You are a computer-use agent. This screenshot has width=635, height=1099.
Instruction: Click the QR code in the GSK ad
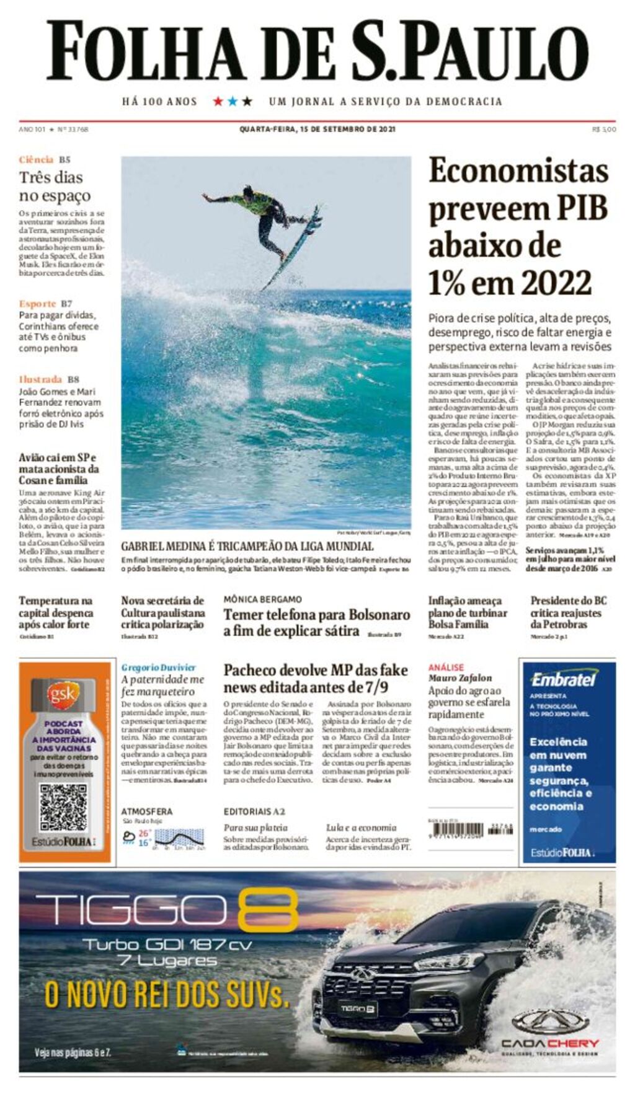[x=63, y=808]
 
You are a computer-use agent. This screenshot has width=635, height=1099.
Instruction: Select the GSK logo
[x=63, y=695]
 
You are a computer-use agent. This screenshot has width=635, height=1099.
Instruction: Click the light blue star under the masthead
[x=233, y=101]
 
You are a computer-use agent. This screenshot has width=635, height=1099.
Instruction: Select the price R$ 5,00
[x=604, y=130]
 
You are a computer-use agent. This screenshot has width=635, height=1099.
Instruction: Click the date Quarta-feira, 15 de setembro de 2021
[x=317, y=130]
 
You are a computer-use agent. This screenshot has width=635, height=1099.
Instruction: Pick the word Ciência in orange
[x=36, y=160]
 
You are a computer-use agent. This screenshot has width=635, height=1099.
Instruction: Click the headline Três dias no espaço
[x=55, y=187]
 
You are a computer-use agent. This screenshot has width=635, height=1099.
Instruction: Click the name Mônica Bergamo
[x=263, y=599]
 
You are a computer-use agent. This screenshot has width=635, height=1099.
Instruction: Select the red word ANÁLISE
[x=446, y=667]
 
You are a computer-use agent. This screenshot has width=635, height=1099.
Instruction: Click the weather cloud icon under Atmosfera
[x=129, y=837]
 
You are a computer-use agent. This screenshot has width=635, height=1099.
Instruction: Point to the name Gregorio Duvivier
[x=158, y=668]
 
